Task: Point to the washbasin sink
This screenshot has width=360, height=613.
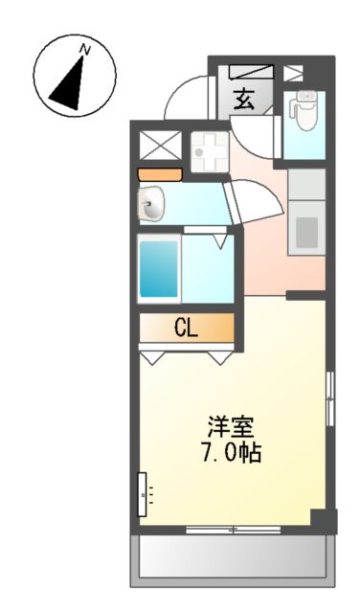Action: click(152, 203)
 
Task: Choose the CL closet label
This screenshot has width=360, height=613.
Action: click(186, 328)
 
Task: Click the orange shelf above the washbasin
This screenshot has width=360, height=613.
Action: click(159, 174)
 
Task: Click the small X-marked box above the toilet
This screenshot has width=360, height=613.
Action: click(293, 72)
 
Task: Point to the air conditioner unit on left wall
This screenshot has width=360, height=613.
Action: click(144, 494)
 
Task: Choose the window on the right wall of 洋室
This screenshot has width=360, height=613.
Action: click(330, 397)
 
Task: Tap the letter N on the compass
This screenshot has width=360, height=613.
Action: click(85, 48)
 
